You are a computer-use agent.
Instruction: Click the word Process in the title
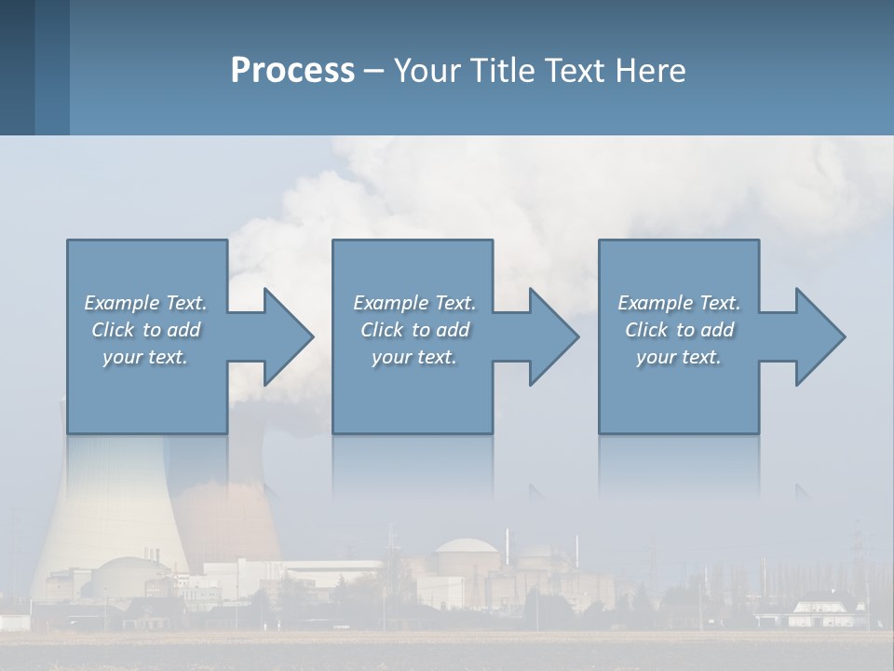[x=292, y=71]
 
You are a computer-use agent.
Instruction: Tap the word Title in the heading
[x=498, y=71]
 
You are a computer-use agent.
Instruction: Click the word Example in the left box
[x=121, y=303]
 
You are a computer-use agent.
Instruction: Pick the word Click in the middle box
[x=383, y=330]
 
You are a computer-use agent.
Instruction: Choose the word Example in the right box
[x=655, y=303]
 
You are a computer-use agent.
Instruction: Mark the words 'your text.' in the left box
[x=145, y=357]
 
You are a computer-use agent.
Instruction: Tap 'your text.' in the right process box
[x=679, y=357]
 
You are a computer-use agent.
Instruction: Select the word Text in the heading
[x=573, y=71]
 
